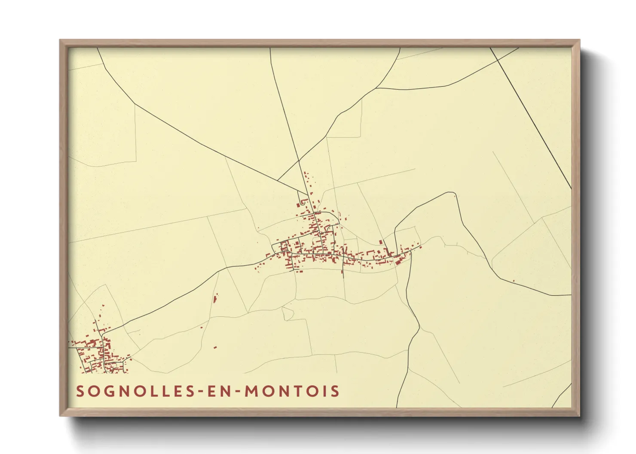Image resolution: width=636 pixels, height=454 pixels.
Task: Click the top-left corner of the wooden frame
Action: [61, 40]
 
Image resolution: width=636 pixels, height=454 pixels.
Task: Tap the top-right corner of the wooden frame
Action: [579, 40]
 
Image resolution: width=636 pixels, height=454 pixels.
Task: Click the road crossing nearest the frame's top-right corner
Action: [498, 59]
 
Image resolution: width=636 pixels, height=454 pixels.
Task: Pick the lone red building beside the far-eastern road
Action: [514, 281]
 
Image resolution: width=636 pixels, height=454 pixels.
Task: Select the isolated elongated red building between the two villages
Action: [215, 298]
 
